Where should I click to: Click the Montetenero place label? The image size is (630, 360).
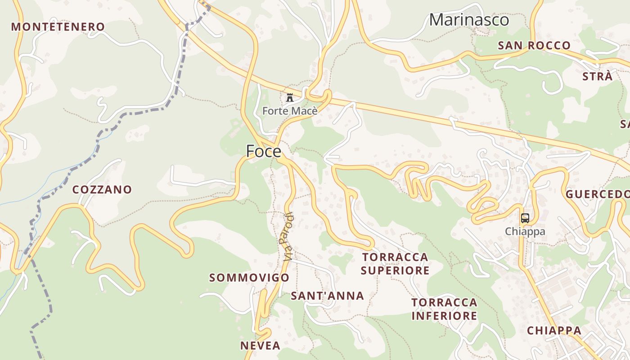click(x=58, y=27)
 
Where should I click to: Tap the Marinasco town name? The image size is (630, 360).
click(x=469, y=20)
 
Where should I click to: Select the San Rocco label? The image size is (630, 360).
click(x=534, y=45)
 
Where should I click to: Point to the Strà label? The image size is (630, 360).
click(x=597, y=76)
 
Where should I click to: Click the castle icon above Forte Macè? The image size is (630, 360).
click(x=290, y=97)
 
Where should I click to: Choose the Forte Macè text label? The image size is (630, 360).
click(x=290, y=111)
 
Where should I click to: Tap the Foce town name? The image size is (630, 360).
click(x=263, y=152)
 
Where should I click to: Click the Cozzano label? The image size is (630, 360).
click(x=102, y=189)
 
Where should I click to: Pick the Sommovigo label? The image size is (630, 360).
click(x=249, y=278)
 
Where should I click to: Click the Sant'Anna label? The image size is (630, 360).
click(x=327, y=296)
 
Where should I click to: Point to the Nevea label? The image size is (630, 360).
click(x=260, y=346)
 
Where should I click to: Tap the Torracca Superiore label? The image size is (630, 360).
click(x=395, y=264)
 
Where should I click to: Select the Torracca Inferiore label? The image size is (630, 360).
click(x=444, y=309)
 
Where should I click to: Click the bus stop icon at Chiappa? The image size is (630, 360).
click(x=525, y=218)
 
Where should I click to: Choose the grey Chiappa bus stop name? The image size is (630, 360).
click(x=525, y=231)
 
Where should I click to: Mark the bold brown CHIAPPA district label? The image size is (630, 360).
click(x=554, y=330)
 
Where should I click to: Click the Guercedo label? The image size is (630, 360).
click(x=598, y=194)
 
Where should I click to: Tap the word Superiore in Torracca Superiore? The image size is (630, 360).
click(x=395, y=270)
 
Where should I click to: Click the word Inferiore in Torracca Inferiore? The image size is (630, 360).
click(x=444, y=316)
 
